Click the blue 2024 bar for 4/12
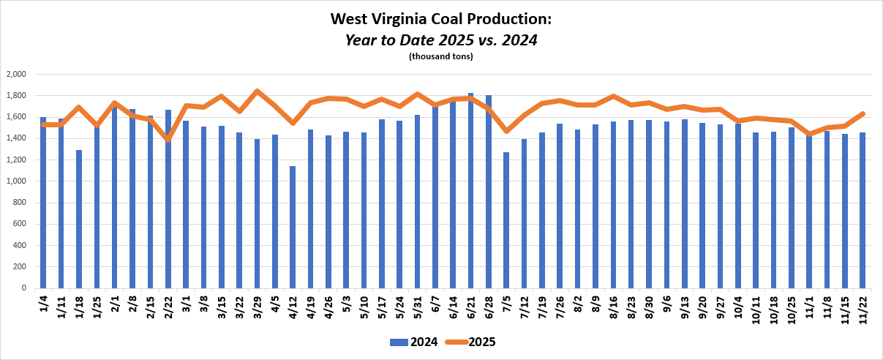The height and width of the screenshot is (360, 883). (x=293, y=227)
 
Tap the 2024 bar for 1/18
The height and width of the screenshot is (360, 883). (x=79, y=219)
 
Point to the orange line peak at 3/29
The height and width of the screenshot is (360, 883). (x=257, y=91)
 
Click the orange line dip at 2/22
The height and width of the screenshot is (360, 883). (x=168, y=138)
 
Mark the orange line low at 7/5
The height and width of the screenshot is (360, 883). (x=506, y=131)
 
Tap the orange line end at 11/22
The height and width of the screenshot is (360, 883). (x=863, y=113)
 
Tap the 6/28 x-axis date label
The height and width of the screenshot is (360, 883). (x=489, y=307)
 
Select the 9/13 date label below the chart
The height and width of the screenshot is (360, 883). (x=685, y=307)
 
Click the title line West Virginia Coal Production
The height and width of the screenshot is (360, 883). (x=441, y=18)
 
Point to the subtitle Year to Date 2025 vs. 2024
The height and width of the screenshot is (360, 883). (x=441, y=40)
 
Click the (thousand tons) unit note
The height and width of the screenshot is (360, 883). (x=441, y=56)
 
